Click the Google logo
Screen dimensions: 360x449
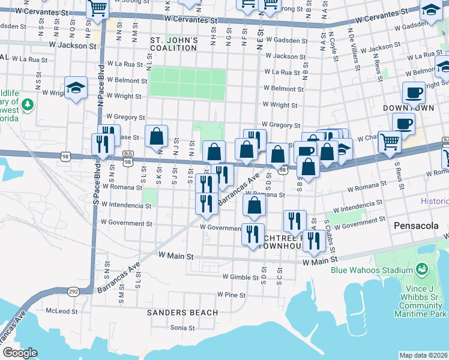(20, 352)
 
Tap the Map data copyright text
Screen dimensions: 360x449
(423, 355)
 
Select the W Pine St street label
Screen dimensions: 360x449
(232, 295)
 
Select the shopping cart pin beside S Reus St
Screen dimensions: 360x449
(390, 143)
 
